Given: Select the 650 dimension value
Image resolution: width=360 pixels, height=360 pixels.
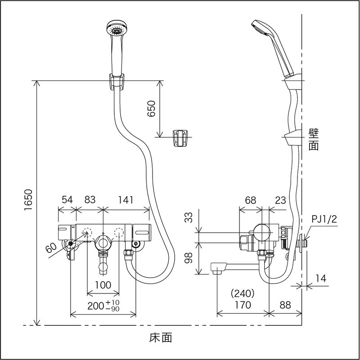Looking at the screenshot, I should pos(151,109).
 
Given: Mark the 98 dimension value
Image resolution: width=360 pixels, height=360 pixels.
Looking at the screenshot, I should pos(189,258).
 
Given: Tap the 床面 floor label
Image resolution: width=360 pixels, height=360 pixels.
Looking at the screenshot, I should pos(160,337).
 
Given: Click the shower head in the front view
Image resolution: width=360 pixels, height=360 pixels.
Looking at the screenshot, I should pos(115,31).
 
